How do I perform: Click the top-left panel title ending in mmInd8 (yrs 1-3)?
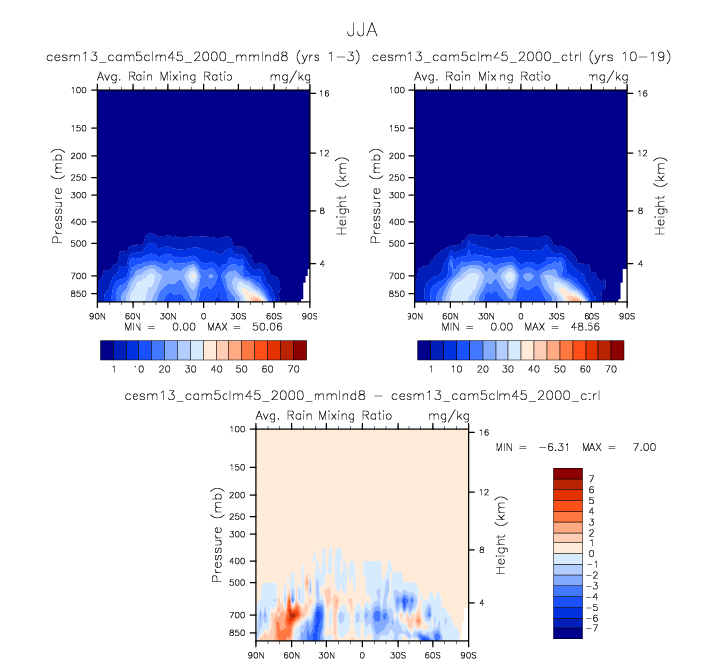182,57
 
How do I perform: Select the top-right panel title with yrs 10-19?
521,57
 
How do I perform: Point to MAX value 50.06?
254,325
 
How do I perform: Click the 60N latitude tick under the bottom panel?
292,655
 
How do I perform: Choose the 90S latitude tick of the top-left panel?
310,316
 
